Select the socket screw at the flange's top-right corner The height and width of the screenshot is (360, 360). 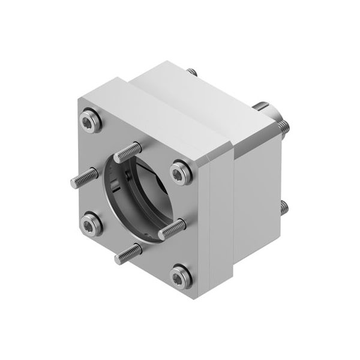pyautogui.click(x=181, y=172)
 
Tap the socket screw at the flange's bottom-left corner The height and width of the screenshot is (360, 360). pyautogui.click(x=92, y=223)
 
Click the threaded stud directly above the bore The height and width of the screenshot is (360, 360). pyautogui.click(x=128, y=152)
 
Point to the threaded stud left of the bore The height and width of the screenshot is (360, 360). pyautogui.click(x=84, y=178)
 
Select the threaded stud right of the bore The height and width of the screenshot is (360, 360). pyautogui.click(x=172, y=229)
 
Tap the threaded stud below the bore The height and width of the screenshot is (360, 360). pyautogui.click(x=128, y=254)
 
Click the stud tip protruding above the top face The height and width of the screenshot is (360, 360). pyautogui.click(x=192, y=72)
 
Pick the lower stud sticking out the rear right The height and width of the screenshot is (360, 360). pyautogui.click(x=283, y=208)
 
